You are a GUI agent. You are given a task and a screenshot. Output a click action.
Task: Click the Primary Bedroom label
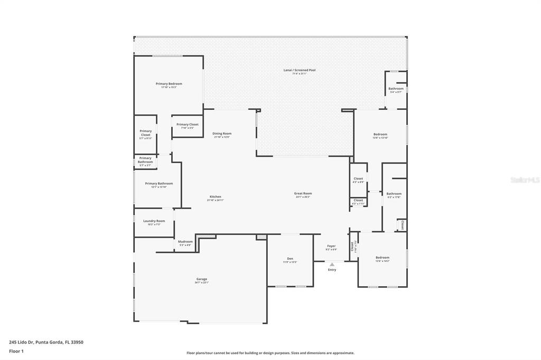click(169, 84)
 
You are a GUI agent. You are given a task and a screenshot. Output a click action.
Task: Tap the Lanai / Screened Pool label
click(304, 70)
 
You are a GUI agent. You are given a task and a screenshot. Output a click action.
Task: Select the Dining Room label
click(222, 134)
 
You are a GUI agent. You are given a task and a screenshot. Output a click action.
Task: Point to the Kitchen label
click(215, 197)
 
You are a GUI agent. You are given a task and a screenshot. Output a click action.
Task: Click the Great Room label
click(303, 194)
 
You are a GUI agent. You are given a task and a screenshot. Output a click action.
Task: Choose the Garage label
click(202, 279)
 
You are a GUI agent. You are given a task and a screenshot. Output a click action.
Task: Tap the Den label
click(290, 259)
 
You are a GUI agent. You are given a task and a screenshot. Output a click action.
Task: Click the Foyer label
click(331, 246)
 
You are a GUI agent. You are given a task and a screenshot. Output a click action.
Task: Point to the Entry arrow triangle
click(332, 264)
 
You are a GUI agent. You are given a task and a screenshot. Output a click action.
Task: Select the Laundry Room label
click(154, 221)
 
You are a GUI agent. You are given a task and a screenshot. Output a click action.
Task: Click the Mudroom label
click(185, 242)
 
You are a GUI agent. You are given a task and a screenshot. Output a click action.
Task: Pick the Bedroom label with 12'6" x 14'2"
click(383, 258)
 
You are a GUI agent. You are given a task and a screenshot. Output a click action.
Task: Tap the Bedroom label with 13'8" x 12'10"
click(380, 134)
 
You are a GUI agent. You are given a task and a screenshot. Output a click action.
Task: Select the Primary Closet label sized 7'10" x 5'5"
click(188, 125)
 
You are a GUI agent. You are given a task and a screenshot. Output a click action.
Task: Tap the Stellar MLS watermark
click(525, 180)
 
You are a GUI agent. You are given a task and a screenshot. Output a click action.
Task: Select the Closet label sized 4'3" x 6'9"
click(358, 179)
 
